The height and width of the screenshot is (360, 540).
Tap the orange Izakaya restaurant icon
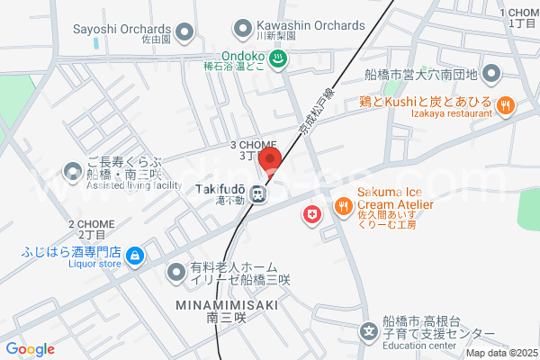click(506, 105)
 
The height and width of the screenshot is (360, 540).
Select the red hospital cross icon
click(312, 216)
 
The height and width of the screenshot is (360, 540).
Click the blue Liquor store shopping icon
click(134, 256)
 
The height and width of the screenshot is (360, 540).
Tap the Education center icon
click(369, 332)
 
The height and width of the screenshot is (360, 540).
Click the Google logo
click(30, 349)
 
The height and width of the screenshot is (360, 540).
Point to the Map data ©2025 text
click(499, 352)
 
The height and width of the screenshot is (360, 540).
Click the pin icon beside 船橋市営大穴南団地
click(490, 73)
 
